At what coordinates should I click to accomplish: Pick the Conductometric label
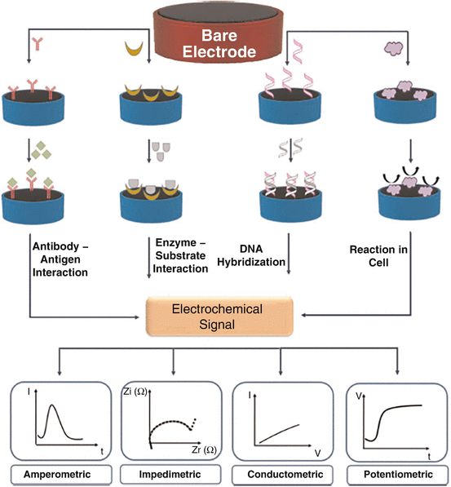tap(281, 473)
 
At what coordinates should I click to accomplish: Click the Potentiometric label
tap(394, 473)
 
